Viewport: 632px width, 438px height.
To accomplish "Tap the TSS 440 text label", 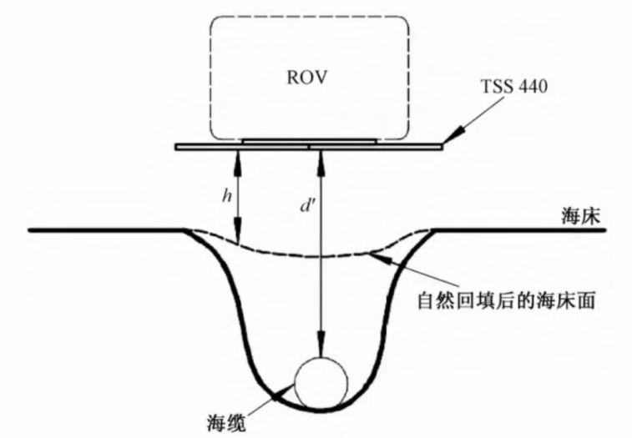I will (x=512, y=87).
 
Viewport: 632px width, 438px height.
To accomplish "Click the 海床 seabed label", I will (x=582, y=216).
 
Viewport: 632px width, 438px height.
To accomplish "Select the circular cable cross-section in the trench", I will (x=321, y=381).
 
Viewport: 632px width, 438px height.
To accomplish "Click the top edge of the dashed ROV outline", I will (x=308, y=15).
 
